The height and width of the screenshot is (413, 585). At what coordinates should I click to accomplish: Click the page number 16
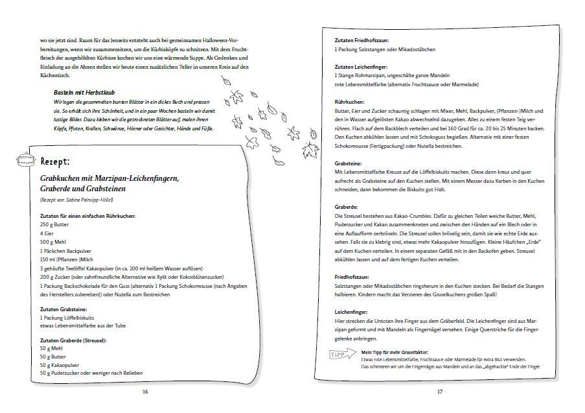pyautogui.click(x=146, y=392)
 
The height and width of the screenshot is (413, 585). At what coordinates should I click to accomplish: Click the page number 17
pyautogui.click(x=439, y=392)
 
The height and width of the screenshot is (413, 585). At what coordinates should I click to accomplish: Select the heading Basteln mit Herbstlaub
pyautogui.click(x=85, y=93)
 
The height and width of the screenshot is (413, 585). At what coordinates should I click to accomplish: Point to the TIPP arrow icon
pyautogui.click(x=343, y=354)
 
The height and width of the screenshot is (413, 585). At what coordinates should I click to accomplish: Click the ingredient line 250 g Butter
pyautogui.click(x=54, y=224)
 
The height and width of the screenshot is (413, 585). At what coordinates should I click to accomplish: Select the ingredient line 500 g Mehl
pyautogui.click(x=52, y=241)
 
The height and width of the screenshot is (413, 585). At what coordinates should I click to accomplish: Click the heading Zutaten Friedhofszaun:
pyautogui.click(x=362, y=40)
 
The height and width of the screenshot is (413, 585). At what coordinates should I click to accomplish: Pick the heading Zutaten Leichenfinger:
pyautogui.click(x=361, y=67)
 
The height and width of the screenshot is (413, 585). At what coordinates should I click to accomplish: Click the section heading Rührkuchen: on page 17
pyautogui.click(x=350, y=102)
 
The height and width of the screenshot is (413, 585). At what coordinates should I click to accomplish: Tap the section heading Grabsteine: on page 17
pyautogui.click(x=349, y=163)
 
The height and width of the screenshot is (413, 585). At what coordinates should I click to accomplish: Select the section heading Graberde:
pyautogui.click(x=347, y=207)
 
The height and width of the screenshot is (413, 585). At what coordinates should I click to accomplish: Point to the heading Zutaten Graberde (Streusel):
pyautogui.click(x=73, y=340)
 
